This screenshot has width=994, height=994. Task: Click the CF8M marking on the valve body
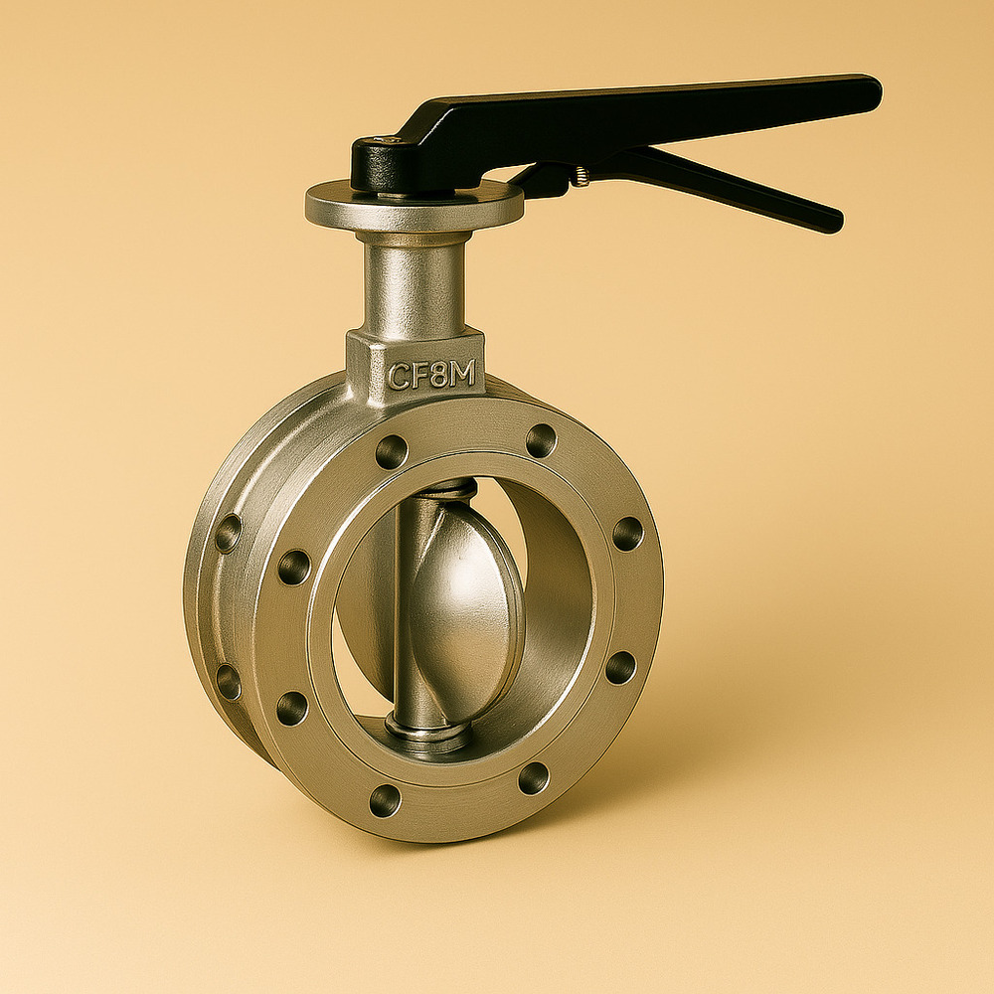tap(431, 374)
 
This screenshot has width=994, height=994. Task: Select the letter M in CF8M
tap(463, 373)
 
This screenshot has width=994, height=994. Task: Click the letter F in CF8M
tap(418, 375)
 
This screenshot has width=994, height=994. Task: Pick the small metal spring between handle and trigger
tap(580, 177)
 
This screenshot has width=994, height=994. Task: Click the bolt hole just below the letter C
tap(391, 452)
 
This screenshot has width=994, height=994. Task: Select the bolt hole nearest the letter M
tap(541, 440)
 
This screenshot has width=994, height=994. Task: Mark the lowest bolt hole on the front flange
tap(385, 800)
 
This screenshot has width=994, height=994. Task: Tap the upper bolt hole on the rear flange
tap(228, 534)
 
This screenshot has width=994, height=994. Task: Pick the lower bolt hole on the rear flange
tap(229, 682)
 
